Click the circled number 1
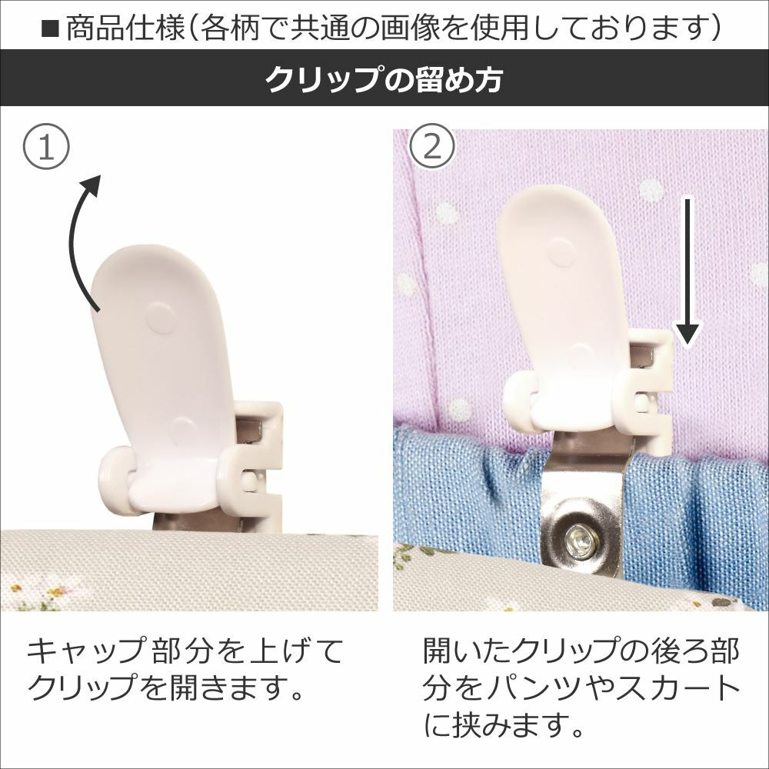tap(46, 146)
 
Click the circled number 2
tap(432, 146)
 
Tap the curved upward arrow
tap(78, 240)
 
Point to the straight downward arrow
tap(688, 271)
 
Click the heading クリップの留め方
tap(384, 79)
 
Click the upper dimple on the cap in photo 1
tap(161, 318)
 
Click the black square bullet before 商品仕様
tap(49, 29)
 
